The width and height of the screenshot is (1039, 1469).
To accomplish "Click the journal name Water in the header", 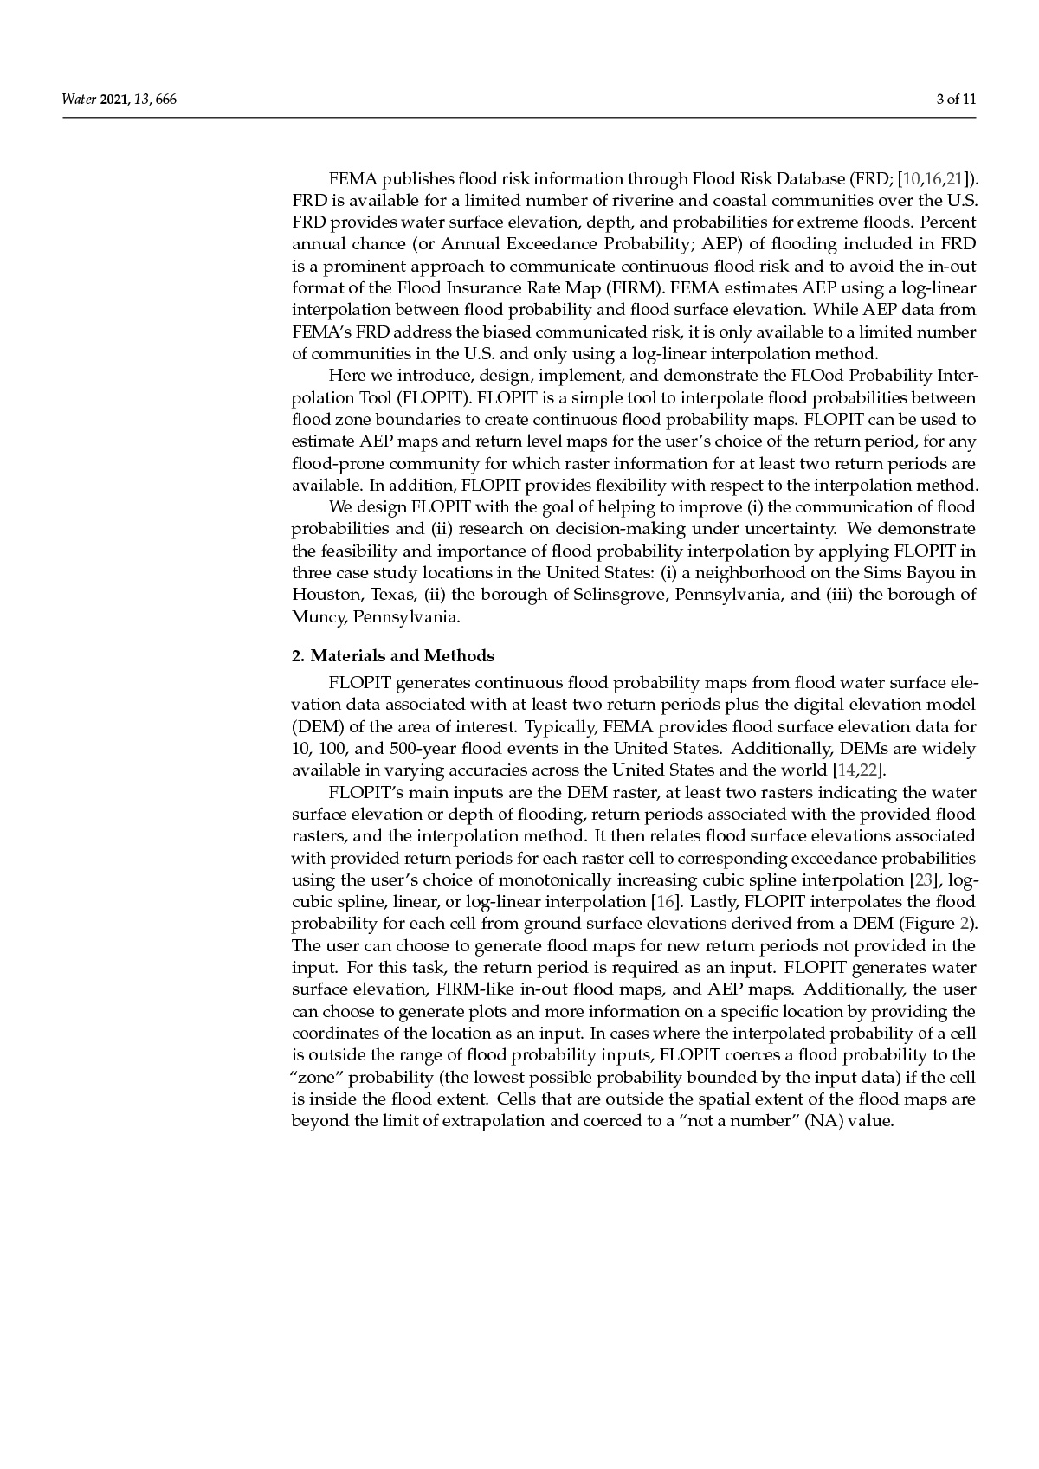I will (78, 100).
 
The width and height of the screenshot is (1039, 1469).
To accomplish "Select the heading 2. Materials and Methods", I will (393, 655).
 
